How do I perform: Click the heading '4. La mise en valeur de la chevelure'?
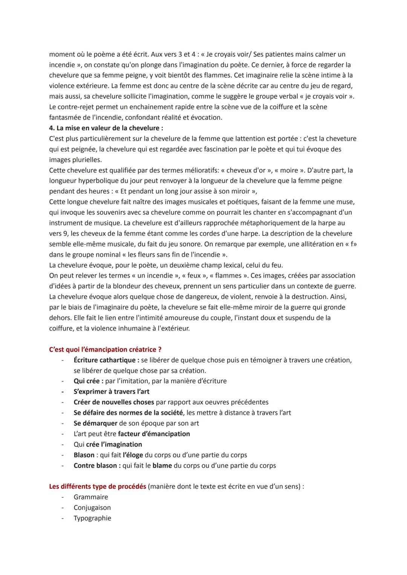[106, 128]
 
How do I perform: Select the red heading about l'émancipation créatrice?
[105, 350]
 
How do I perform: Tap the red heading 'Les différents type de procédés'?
[97, 486]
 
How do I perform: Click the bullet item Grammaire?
[90, 497]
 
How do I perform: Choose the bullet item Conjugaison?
[92, 508]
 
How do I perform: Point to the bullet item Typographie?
[92, 518]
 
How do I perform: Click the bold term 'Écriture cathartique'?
[106, 360]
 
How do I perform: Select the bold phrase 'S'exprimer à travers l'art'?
[112, 392]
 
